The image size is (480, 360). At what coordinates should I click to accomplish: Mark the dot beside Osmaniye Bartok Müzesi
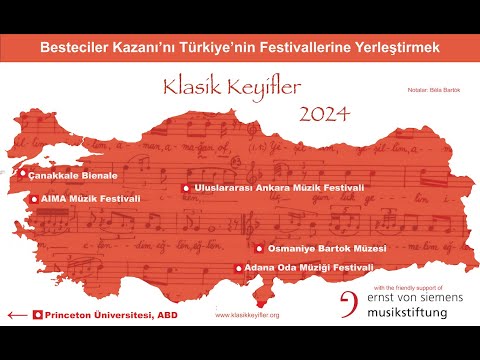[x=259, y=248]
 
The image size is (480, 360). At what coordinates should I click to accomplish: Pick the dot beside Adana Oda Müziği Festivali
[x=238, y=268]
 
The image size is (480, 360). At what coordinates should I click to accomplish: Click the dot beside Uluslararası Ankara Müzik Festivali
[x=185, y=187]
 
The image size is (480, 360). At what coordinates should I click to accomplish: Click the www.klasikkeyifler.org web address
[x=247, y=315]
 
